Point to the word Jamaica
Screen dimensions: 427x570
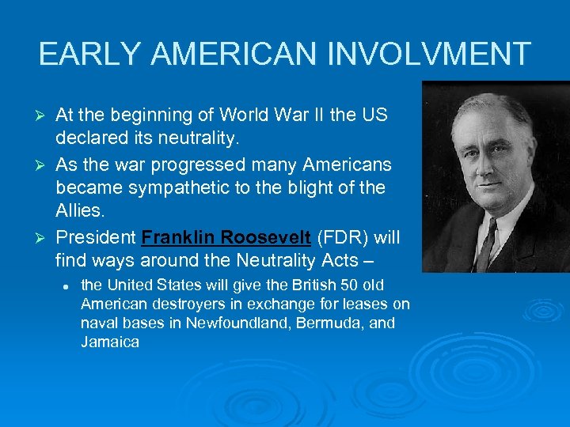(110, 342)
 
